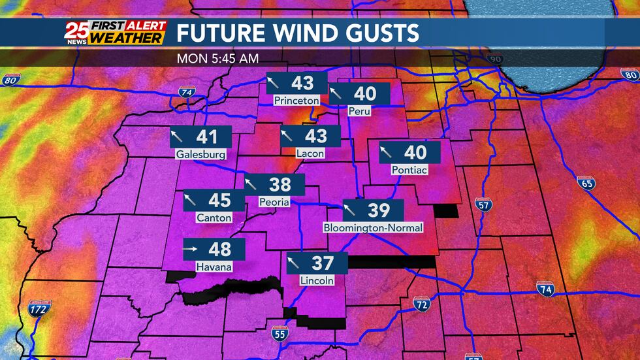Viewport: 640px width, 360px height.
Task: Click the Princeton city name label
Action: (296, 101)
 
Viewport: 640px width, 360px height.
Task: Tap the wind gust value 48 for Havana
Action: (220, 249)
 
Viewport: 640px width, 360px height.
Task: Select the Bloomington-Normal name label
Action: (373, 227)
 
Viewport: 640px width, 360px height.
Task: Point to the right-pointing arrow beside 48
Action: (191, 249)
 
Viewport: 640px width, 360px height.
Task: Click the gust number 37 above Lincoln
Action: (323, 263)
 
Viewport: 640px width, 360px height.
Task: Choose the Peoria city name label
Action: (274, 202)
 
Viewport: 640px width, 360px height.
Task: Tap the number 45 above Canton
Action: (219, 200)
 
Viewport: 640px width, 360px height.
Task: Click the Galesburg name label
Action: (200, 155)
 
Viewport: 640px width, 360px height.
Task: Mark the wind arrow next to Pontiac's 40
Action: (387, 153)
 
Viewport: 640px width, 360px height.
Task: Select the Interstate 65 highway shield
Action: (586, 182)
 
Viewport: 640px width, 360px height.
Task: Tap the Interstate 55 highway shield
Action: (279, 335)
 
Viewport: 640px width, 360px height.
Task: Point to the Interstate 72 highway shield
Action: (422, 304)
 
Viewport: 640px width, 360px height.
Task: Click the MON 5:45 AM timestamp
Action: (217, 58)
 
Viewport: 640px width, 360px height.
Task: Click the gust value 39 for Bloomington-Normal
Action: (379, 210)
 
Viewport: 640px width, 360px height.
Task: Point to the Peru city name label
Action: (359, 111)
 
